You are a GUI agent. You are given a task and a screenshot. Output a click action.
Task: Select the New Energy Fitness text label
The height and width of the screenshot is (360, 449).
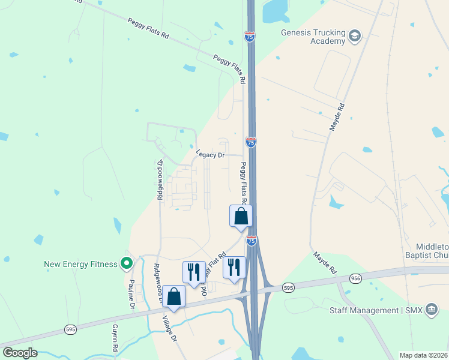(82, 264)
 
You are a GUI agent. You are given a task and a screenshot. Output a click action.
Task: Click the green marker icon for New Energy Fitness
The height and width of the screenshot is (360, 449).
(127, 263)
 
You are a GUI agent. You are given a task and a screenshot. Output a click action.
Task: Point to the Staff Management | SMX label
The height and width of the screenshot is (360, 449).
(376, 310)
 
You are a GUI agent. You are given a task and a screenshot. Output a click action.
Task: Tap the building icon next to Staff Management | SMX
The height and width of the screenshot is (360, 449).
(431, 310)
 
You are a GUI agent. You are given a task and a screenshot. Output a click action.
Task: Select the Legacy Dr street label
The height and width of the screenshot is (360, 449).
(209, 155)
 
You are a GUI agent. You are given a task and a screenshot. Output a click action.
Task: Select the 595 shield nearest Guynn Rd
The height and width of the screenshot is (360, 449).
(71, 329)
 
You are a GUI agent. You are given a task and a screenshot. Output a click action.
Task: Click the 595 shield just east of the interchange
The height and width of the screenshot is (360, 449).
(289, 288)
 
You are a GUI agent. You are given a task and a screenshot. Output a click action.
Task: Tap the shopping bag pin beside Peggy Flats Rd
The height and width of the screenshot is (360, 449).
(241, 217)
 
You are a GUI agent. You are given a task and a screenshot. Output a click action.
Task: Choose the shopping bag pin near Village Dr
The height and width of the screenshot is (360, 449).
(173, 298)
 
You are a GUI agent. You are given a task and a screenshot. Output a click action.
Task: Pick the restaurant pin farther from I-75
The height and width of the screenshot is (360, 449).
(194, 272)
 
